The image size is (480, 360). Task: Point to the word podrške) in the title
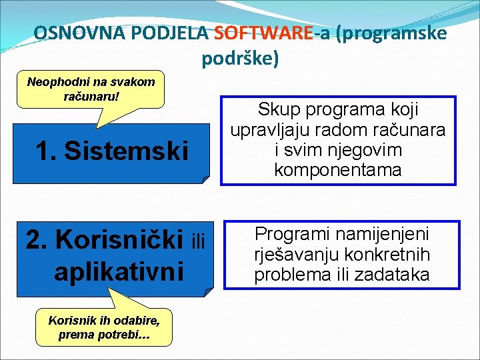[x=240, y=59]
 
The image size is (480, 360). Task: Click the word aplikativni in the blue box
[x=119, y=271]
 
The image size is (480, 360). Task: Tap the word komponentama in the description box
[x=338, y=170]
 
